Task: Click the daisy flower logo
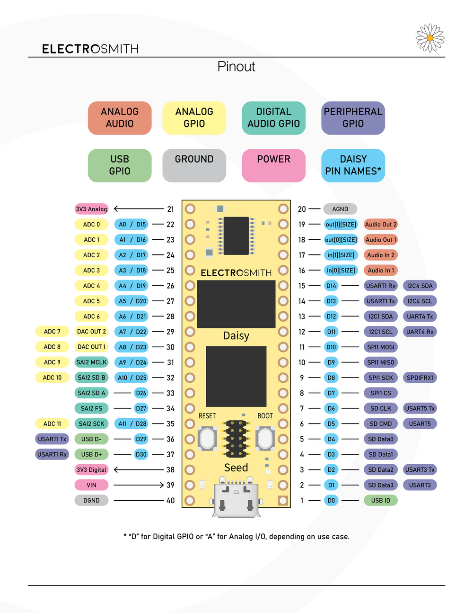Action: click(x=430, y=38)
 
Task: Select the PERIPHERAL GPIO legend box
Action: click(x=353, y=118)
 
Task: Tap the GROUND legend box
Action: click(x=194, y=165)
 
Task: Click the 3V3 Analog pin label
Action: click(x=91, y=209)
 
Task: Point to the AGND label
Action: click(x=340, y=209)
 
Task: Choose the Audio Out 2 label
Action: click(x=381, y=224)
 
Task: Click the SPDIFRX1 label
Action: click(x=420, y=378)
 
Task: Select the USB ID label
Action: click(x=381, y=500)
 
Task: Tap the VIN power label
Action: click(x=91, y=485)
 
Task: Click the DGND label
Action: click(x=91, y=500)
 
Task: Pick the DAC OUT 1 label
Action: click(x=91, y=347)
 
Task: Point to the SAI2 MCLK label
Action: click(x=91, y=362)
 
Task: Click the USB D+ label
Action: click(x=91, y=454)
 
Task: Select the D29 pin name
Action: click(x=141, y=439)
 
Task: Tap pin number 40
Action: click(x=170, y=500)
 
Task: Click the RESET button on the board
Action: click(x=207, y=438)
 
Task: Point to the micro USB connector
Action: click(x=236, y=496)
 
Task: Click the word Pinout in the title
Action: click(x=236, y=67)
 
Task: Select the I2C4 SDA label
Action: click(x=420, y=286)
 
